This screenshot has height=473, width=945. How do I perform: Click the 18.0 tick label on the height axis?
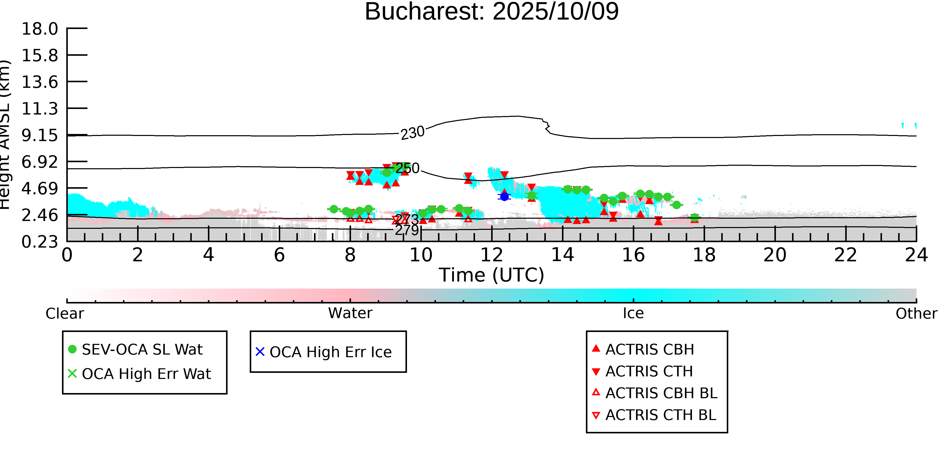click(x=40, y=29)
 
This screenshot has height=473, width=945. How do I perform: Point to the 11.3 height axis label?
click(x=40, y=109)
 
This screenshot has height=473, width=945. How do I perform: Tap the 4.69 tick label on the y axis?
click(x=40, y=189)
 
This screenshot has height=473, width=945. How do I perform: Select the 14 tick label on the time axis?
click(x=562, y=255)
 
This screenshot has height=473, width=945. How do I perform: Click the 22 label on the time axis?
click(x=845, y=255)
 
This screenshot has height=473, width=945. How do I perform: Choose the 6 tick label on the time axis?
click(x=279, y=255)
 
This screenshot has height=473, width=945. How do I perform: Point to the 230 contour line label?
click(x=412, y=133)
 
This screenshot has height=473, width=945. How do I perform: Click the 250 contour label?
click(x=407, y=168)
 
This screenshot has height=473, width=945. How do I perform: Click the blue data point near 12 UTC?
click(x=505, y=197)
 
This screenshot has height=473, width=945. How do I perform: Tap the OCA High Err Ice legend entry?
click(x=330, y=352)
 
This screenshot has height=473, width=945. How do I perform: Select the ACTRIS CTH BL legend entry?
click(x=660, y=415)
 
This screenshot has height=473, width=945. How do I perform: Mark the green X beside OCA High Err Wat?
click(x=72, y=373)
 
